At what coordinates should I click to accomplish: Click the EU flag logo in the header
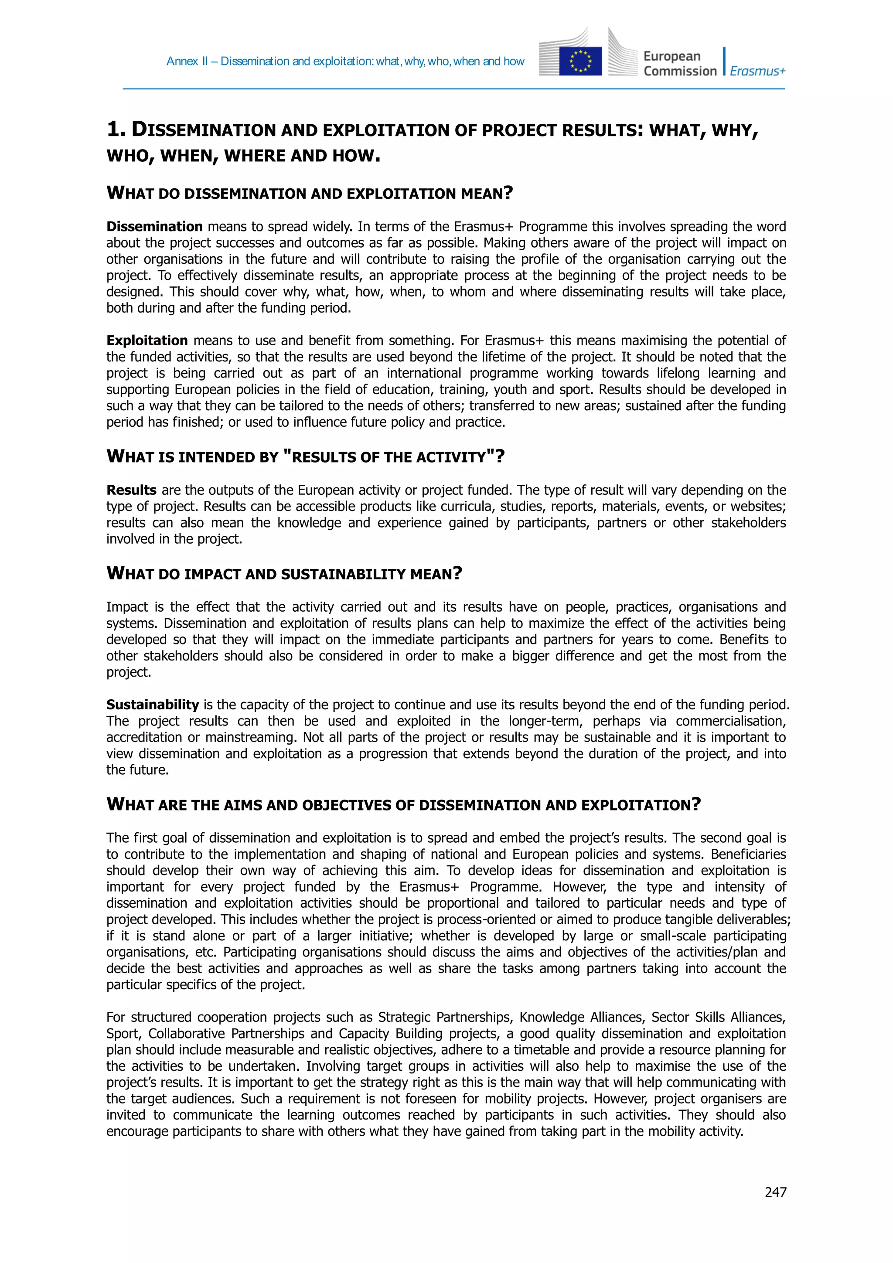tap(580, 61)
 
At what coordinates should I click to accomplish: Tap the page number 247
tap(775, 1192)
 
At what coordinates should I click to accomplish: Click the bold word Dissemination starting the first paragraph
tap(155, 227)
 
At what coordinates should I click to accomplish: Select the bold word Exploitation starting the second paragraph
tap(147, 340)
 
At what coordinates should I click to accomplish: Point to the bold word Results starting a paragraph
tap(132, 490)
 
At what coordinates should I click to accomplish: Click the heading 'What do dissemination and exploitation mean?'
tap(309, 193)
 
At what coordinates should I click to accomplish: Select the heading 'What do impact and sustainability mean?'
tap(284, 574)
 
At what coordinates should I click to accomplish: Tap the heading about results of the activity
tap(305, 456)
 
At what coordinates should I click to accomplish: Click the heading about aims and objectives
tap(403, 805)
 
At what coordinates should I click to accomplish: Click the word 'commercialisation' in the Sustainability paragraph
tap(730, 721)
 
